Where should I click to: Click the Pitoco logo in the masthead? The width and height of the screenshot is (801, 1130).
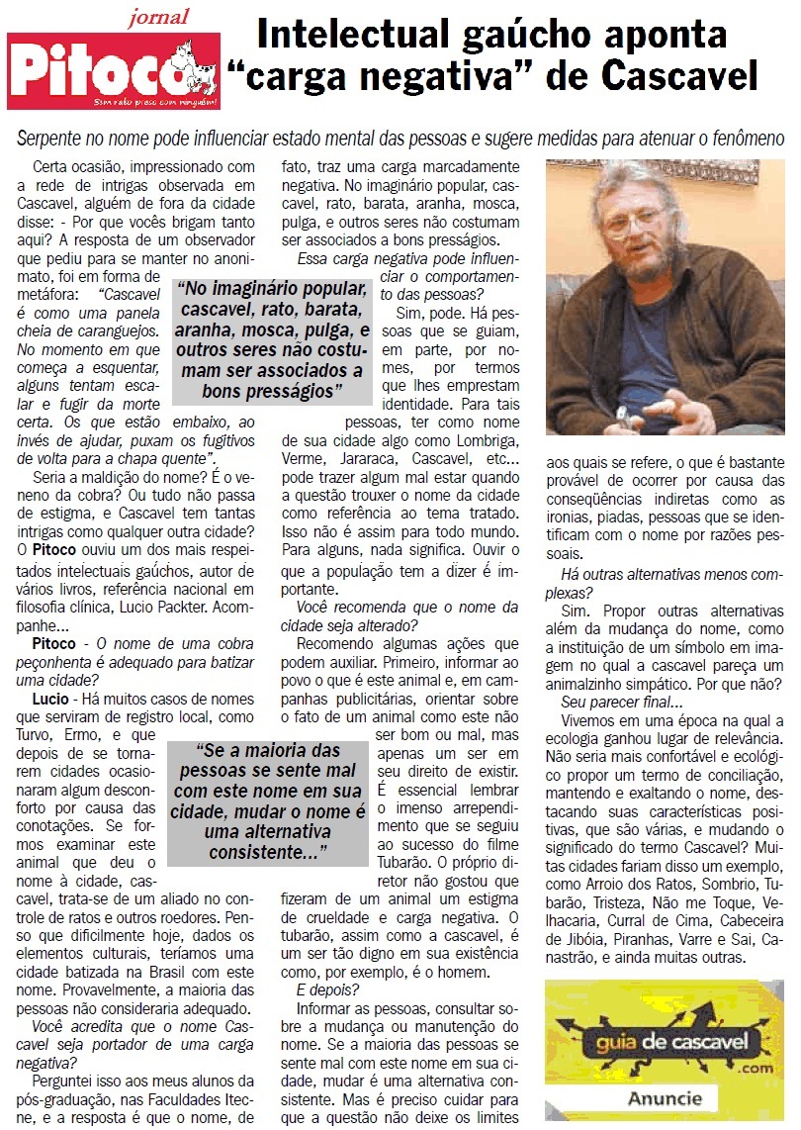114,72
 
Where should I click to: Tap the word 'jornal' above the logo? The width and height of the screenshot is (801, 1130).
158,17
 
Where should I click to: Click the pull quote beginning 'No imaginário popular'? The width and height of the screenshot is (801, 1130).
271,339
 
